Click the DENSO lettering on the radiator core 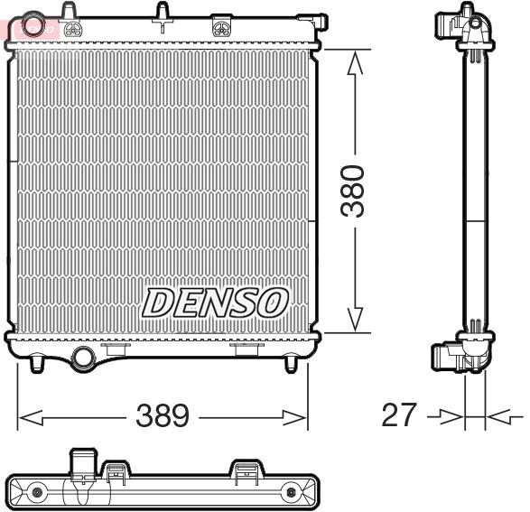215,303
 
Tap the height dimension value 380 357,191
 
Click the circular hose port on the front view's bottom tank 84,357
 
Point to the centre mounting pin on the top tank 163,14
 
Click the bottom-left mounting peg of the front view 36,363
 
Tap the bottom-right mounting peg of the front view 290,363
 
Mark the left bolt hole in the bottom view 37,493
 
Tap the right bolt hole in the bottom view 292,493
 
